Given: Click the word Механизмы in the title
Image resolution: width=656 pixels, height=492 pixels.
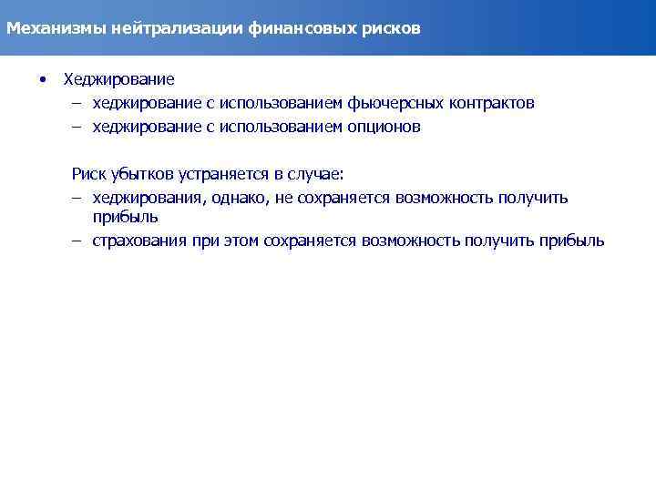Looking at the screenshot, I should tap(56, 28).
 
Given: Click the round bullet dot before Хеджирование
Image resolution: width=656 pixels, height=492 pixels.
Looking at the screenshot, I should tap(42, 80).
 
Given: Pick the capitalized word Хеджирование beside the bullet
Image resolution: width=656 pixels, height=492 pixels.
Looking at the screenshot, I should tap(118, 80).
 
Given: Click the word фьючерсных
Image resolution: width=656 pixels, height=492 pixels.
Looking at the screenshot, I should tap(394, 104).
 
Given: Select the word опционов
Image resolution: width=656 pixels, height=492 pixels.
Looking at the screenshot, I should tap(384, 128).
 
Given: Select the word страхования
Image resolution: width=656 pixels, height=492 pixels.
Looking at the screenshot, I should tap(139, 241).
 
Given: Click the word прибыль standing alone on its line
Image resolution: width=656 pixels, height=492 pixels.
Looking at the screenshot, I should tap(126, 217).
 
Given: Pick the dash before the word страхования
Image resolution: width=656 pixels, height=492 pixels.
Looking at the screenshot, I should tap(78, 241).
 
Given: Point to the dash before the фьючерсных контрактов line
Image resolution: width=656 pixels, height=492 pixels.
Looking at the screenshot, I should tap(78, 104).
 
